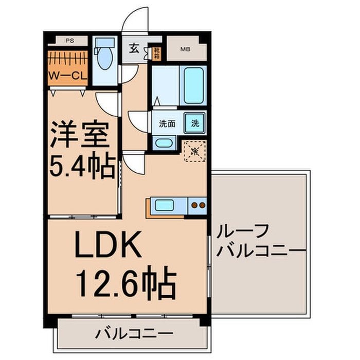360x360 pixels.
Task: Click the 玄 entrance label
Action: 134,49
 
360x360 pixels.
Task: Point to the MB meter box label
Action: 184,50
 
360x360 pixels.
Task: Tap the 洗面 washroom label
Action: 167,123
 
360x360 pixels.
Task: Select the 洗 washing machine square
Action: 195,123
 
